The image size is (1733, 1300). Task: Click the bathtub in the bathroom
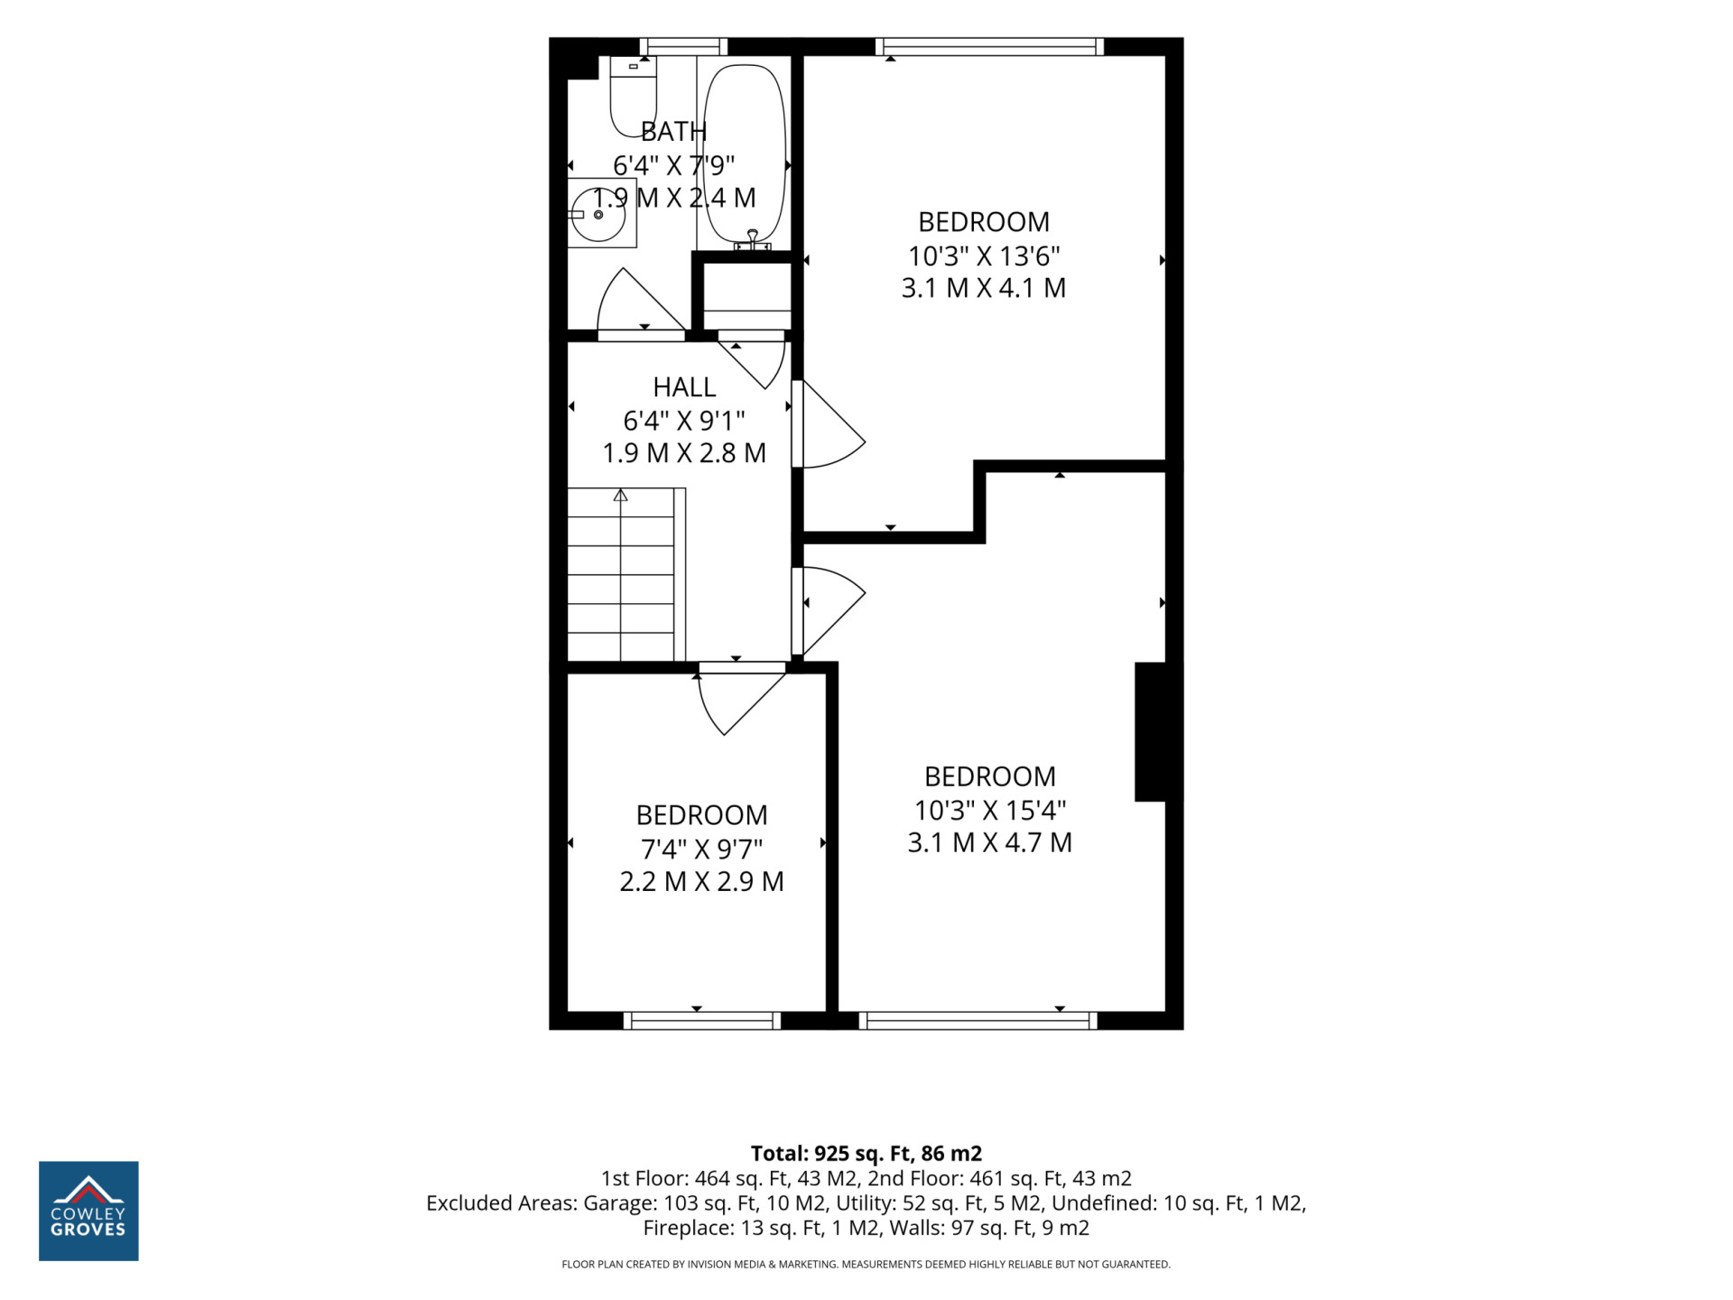pyautogui.click(x=745, y=153)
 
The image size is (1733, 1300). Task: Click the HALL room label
pyautogui.click(x=684, y=387)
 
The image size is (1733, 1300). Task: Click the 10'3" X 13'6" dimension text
pyautogui.click(x=984, y=256)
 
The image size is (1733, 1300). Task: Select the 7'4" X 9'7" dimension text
pyautogui.click(x=701, y=850)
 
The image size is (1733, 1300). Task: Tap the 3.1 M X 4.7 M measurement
pyautogui.click(x=989, y=842)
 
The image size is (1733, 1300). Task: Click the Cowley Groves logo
pyautogui.click(x=88, y=1211)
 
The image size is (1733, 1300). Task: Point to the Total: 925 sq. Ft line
pyautogui.click(x=866, y=1153)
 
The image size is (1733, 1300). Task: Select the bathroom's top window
pyautogui.click(x=683, y=47)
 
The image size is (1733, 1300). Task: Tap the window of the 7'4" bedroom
pyautogui.click(x=701, y=1020)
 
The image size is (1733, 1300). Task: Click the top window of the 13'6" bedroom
pyautogui.click(x=989, y=47)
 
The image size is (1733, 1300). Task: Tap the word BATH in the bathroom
pyautogui.click(x=673, y=132)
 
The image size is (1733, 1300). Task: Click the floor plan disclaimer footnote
pyautogui.click(x=866, y=1264)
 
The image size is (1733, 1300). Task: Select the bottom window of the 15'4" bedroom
pyautogui.click(x=978, y=1020)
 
